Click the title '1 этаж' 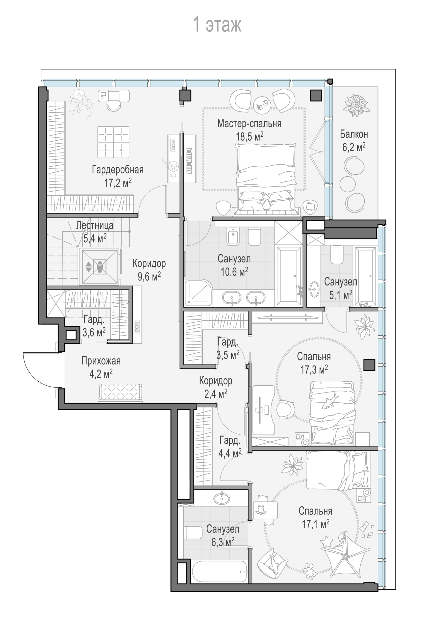tap(217, 24)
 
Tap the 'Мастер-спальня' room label tap(249, 123)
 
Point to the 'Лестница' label tap(95, 225)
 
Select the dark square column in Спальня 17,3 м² tap(370, 365)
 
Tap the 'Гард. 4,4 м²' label tap(230, 447)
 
